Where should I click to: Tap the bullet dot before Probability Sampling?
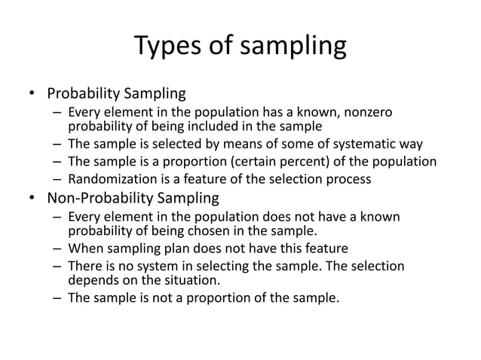(x=32, y=95)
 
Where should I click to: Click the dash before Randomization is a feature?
(x=57, y=178)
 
